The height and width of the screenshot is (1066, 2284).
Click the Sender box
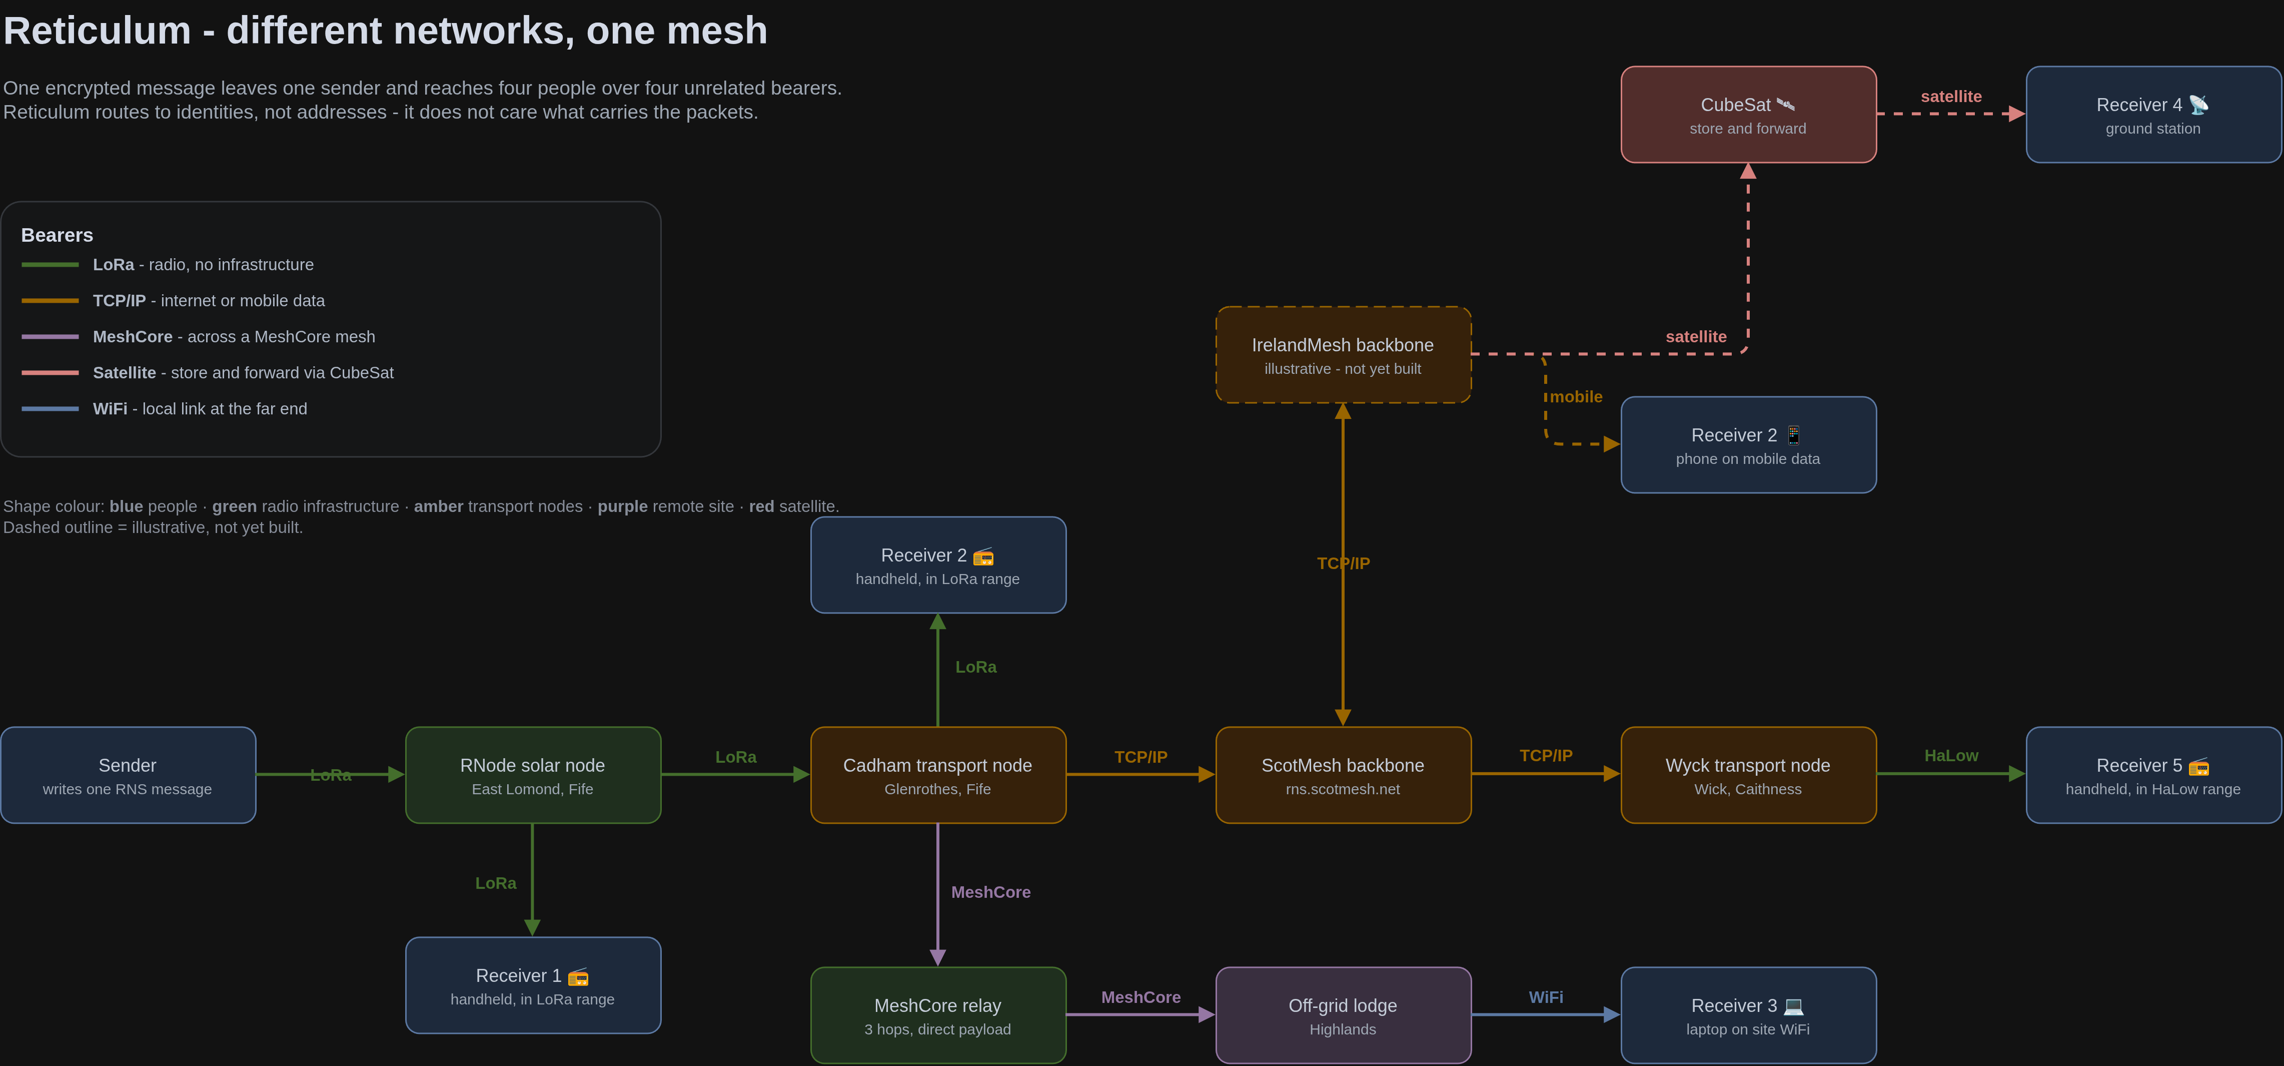[128, 775]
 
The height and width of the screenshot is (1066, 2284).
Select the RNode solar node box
[533, 775]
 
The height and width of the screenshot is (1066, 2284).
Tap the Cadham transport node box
[938, 775]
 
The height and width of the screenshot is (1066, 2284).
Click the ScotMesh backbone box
[1343, 775]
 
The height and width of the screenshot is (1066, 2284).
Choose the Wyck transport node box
[1748, 775]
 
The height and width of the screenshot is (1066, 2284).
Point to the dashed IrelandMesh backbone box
[1343, 355]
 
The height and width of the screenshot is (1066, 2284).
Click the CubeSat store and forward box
[1748, 115]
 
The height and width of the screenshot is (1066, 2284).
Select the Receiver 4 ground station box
[2153, 115]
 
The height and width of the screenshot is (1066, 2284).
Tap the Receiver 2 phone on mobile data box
[1748, 444]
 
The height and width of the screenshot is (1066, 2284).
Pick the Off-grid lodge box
[1343, 1015]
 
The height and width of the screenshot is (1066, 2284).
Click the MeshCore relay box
[938, 1015]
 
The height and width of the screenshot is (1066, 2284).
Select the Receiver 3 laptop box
[1748, 1015]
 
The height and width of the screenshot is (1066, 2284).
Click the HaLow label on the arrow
[1951, 756]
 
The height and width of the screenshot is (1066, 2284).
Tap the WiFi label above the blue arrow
[1545, 998]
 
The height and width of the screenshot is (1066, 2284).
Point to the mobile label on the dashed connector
[1576, 396]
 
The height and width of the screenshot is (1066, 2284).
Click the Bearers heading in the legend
[57, 235]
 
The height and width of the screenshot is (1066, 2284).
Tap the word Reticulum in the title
[98, 31]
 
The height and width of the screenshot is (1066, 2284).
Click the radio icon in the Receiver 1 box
[578, 976]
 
